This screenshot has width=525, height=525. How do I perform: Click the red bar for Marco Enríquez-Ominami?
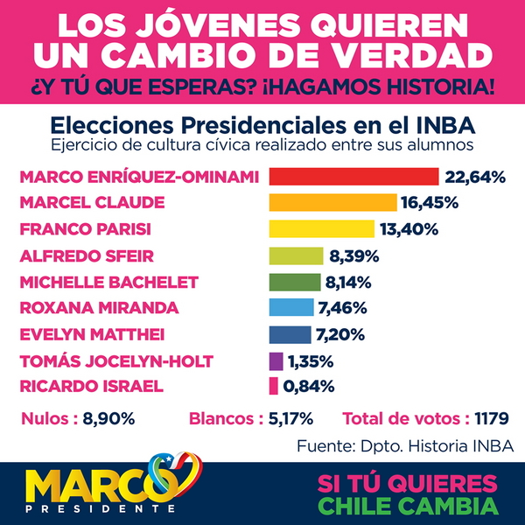(353, 177)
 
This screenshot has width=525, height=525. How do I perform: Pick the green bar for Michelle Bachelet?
(295, 282)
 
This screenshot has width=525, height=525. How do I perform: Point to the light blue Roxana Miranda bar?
(291, 308)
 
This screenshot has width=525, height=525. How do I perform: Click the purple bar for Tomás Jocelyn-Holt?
(276, 360)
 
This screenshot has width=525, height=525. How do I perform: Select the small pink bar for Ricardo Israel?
(273, 386)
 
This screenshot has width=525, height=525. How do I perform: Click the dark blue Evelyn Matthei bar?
(290, 334)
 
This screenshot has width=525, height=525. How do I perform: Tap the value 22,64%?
(476, 178)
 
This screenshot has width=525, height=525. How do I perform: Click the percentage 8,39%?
(328, 256)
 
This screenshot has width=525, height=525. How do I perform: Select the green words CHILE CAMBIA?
(409, 505)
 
